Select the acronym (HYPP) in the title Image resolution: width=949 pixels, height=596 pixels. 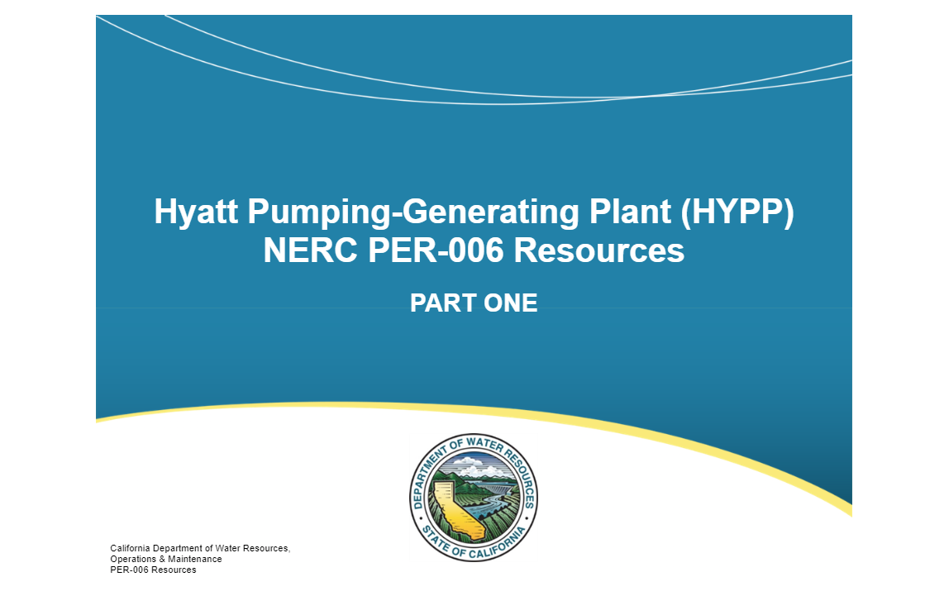[737, 212]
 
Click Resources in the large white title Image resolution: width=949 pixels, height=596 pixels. [599, 250]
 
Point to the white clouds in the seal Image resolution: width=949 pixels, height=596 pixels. [473, 467]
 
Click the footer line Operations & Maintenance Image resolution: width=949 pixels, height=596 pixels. [166, 559]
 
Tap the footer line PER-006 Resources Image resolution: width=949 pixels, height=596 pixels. [153, 570]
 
